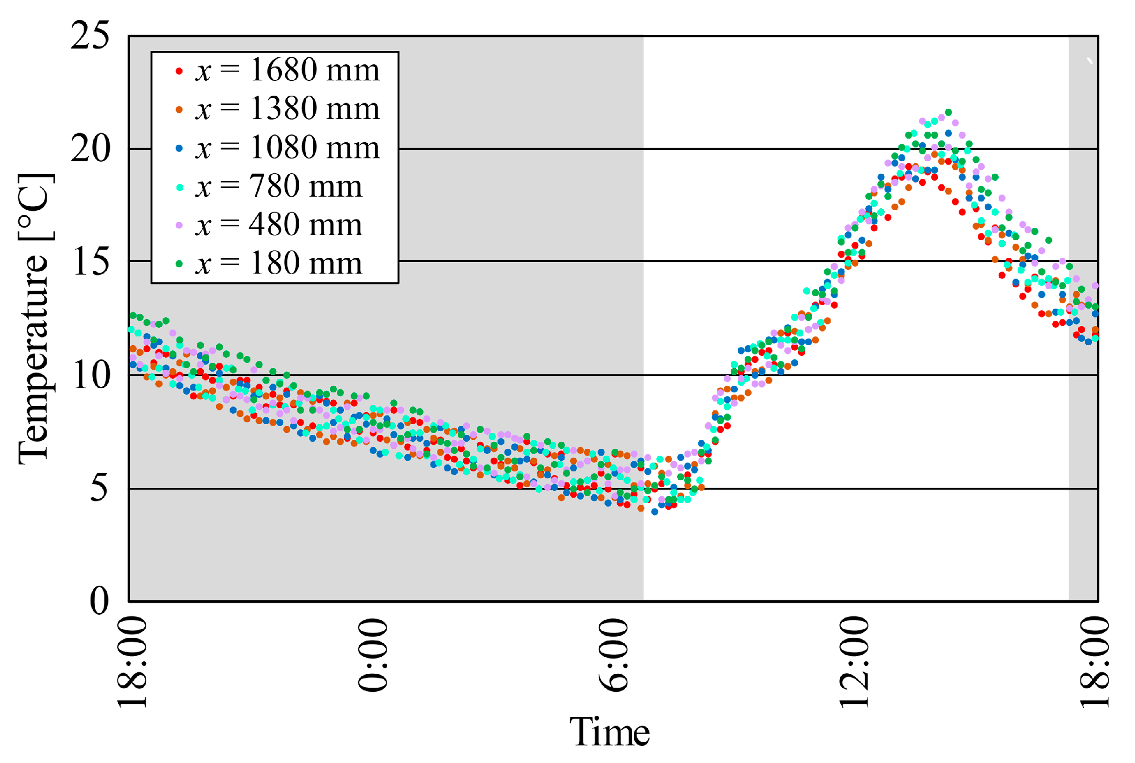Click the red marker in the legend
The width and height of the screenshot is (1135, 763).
point(179,71)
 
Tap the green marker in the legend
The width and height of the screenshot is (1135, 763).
point(179,264)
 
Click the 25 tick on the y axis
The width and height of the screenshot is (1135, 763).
point(91,36)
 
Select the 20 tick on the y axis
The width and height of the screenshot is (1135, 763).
point(91,149)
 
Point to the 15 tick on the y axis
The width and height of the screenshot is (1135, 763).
point(91,262)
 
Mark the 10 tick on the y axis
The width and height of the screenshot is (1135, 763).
point(91,375)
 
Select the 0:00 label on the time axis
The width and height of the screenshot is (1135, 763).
point(373,655)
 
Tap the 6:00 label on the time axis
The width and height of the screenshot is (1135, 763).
point(614,655)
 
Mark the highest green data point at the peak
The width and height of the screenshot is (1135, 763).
point(948,112)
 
